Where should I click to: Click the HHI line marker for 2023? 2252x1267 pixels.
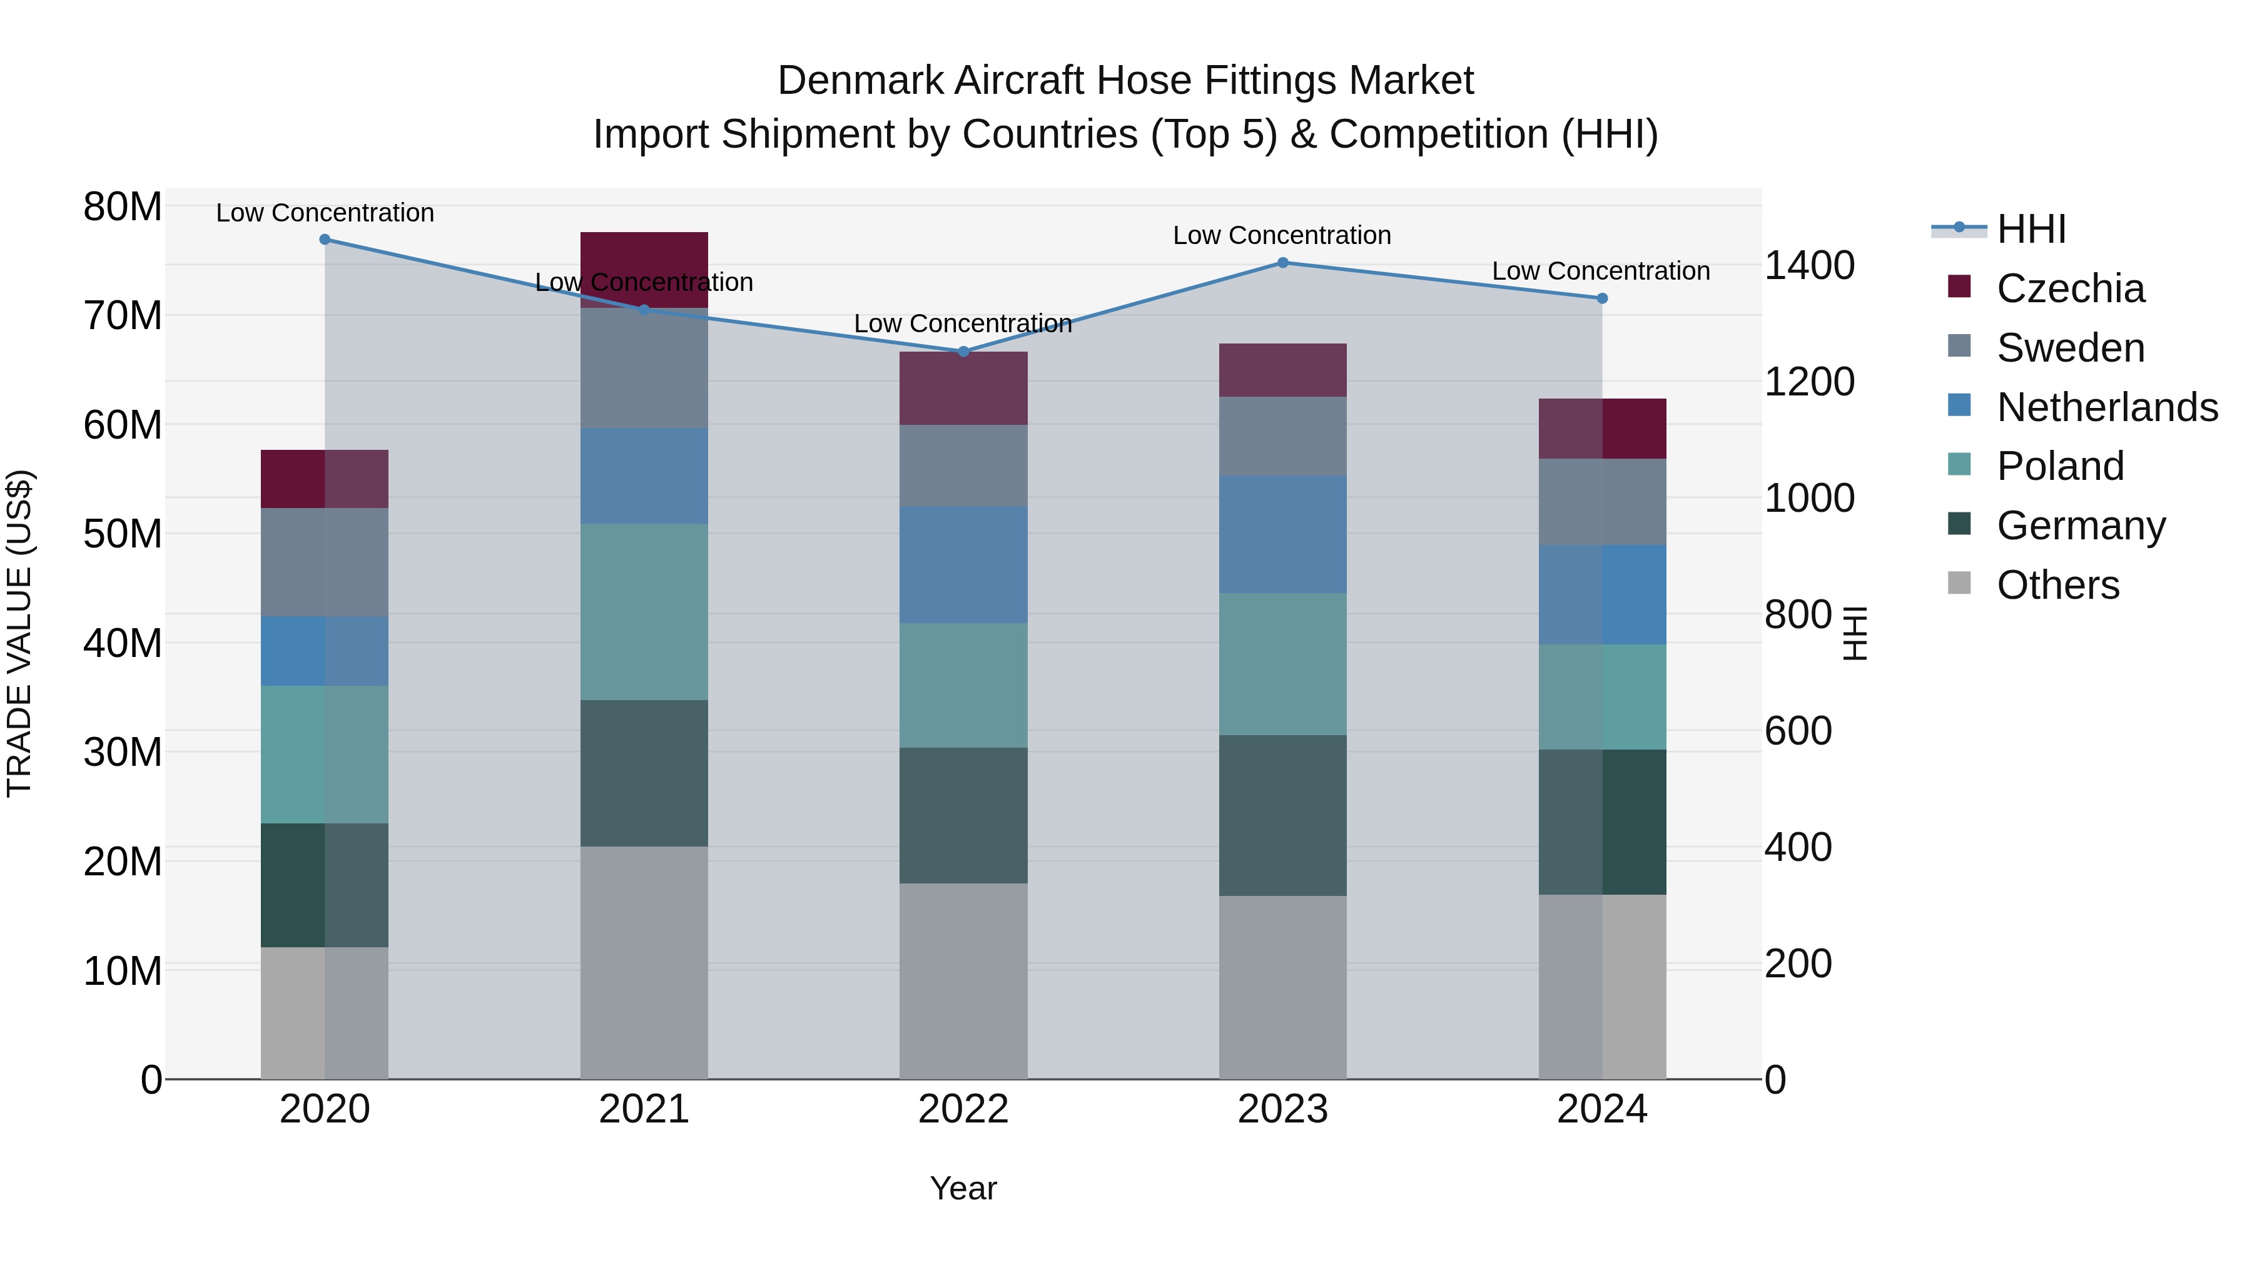coord(1282,262)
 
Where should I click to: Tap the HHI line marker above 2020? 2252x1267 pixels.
coord(324,239)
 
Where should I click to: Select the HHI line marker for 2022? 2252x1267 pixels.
coord(963,352)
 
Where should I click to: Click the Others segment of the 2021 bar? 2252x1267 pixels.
coord(644,962)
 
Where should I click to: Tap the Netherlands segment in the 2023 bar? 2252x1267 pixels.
coord(1282,534)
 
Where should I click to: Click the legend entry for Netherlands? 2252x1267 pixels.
coord(2107,407)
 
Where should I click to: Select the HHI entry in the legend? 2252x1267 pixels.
coord(2031,229)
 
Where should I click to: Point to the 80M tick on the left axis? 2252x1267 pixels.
coord(123,207)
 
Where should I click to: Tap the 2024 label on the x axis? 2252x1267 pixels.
coord(1601,1109)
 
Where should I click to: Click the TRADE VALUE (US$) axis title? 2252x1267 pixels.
coord(19,633)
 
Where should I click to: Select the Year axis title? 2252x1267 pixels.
coord(963,1188)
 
